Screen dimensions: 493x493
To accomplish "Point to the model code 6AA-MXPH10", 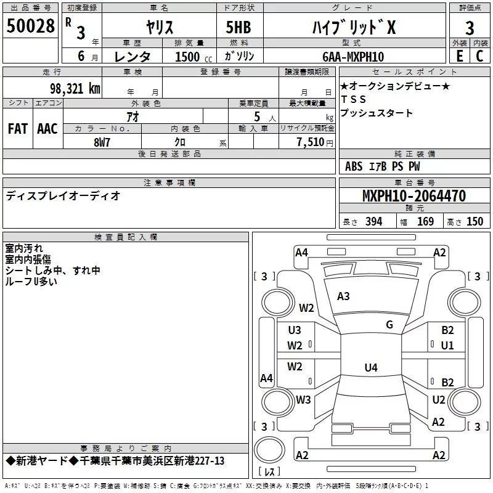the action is tap(352, 57).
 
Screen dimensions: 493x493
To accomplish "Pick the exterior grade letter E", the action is tap(459, 56).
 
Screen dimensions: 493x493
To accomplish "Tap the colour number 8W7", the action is tap(102, 142).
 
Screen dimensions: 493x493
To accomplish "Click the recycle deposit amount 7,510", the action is tap(311, 142).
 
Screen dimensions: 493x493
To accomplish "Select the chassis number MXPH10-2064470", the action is tap(414, 196).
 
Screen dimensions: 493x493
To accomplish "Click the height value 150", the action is tap(475, 222).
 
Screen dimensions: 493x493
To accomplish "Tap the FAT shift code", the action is tap(18, 129).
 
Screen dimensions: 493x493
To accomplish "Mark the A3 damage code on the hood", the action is tap(343, 296).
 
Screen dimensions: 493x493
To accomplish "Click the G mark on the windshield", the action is tap(389, 325).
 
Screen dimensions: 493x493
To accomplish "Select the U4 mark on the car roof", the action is tap(370, 368).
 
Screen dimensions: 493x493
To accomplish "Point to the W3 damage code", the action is tap(303, 399).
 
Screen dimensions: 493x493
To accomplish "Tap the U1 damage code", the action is tap(447, 346).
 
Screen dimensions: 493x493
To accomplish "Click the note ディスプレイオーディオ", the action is tap(63, 195).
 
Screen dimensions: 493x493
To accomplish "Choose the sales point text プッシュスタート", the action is tap(376, 113).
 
